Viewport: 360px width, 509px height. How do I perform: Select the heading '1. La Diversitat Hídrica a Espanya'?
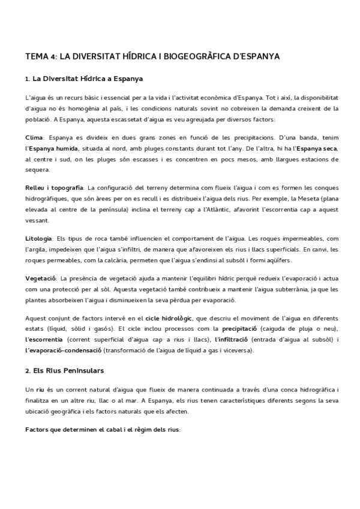(x=84, y=79)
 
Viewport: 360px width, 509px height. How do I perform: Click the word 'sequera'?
(x=38, y=170)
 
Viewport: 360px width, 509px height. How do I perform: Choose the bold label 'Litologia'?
(x=39, y=239)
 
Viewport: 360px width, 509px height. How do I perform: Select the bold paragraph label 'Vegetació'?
(x=41, y=279)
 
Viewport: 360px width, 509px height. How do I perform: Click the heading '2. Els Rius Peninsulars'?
(x=65, y=370)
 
